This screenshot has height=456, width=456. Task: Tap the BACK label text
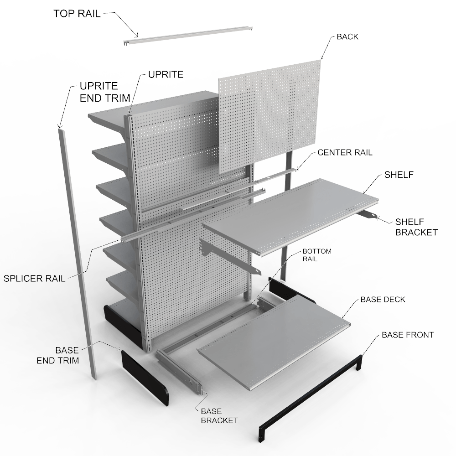[x=347, y=37]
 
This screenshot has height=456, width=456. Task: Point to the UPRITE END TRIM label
[x=105, y=91]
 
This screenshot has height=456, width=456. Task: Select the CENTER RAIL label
[x=345, y=152]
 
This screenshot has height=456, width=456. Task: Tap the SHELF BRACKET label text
[x=416, y=227]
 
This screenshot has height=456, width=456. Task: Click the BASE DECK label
[x=383, y=300]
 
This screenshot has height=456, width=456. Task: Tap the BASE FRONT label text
[x=407, y=335]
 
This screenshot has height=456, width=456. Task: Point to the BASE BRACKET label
[x=219, y=415]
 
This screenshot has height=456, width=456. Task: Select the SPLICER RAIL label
[x=35, y=278]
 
